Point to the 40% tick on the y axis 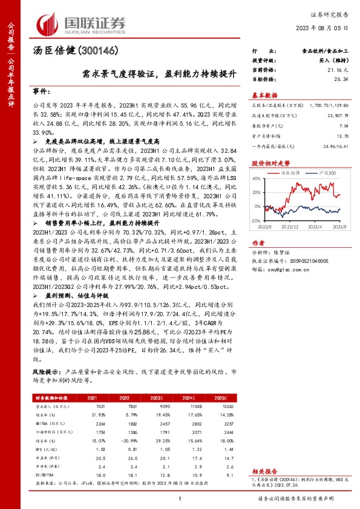(257, 178)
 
